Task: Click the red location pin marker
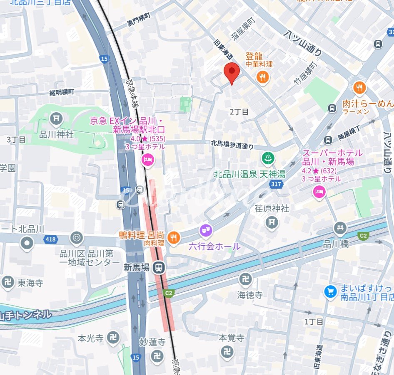232,72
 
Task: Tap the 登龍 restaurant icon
263,76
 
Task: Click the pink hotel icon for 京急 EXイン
147,160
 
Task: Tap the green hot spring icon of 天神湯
267,158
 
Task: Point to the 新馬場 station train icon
158,268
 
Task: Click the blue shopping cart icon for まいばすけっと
330,291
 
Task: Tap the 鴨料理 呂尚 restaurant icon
174,238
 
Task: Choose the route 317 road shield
276,184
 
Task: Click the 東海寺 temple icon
7,282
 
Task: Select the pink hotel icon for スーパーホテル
319,192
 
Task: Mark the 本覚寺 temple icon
227,351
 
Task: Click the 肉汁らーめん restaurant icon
359,88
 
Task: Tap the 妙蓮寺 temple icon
156,355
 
